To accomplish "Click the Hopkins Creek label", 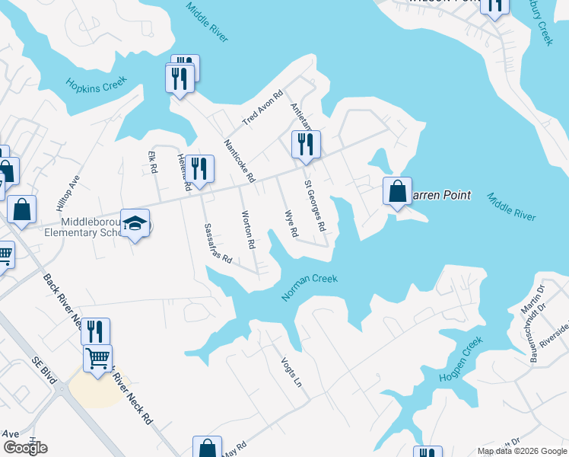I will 96,84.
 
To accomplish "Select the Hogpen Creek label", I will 461,361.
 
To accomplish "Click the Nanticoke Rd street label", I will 238,161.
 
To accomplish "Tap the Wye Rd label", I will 289,223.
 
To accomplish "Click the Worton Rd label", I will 247,230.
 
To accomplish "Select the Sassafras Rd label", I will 217,243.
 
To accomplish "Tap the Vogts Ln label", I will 291,372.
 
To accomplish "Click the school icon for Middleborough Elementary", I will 135,222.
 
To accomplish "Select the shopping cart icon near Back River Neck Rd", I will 97,357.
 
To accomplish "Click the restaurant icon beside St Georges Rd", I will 305,143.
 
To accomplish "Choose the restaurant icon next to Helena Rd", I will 199,168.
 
